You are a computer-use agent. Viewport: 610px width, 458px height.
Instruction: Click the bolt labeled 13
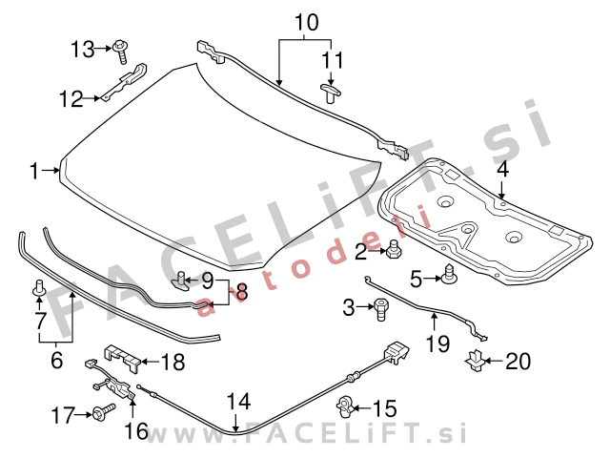(121, 52)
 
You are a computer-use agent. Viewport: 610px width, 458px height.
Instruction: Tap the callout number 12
(71, 99)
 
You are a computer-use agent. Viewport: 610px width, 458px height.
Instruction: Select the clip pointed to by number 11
(331, 94)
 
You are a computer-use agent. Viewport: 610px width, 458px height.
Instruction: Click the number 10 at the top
(307, 22)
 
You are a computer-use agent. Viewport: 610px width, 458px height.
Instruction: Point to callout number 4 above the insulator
(502, 170)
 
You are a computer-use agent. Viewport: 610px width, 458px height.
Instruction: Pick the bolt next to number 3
(380, 309)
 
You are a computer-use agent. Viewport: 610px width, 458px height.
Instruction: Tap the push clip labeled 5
(448, 274)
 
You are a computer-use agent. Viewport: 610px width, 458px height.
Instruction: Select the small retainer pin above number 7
(39, 287)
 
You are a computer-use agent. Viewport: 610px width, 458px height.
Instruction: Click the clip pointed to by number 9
(181, 281)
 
